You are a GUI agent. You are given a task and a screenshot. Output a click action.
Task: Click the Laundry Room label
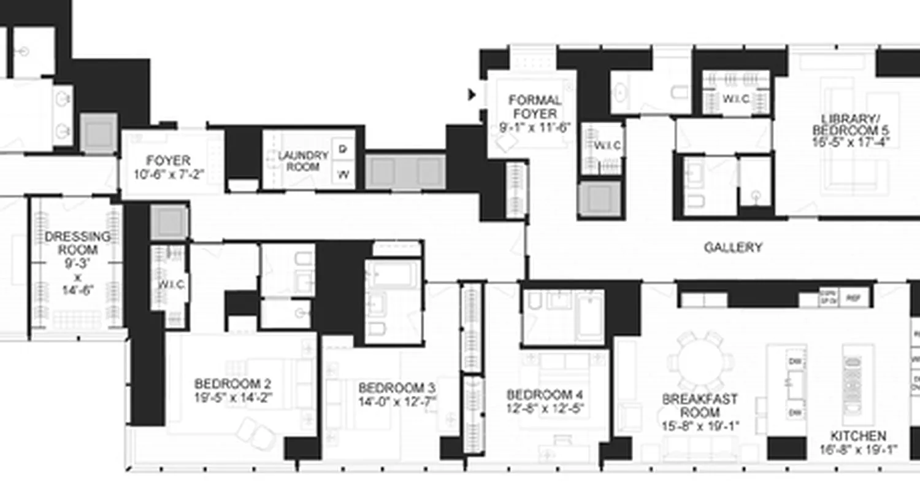point(299,161)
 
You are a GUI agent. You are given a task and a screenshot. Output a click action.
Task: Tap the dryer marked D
point(343,148)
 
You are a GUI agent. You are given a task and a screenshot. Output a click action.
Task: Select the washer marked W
point(343,175)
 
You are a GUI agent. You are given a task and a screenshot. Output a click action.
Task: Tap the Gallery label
point(733,247)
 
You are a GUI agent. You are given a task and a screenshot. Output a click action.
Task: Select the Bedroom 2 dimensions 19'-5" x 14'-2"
point(233,397)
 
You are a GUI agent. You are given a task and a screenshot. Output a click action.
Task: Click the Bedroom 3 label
point(397,388)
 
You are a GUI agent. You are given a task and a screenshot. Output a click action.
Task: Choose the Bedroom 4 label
point(545,394)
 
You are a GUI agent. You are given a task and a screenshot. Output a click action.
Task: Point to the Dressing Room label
point(78,243)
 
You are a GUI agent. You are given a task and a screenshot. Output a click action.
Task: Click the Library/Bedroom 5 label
point(850,125)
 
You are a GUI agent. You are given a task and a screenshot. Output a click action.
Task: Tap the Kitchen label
point(857,436)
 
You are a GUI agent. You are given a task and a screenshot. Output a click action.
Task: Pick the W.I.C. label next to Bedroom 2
point(171,285)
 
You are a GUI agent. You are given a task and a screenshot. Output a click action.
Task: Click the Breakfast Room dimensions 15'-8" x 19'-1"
point(700,425)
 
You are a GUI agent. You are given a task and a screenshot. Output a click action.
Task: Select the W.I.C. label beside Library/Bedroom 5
point(735,98)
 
